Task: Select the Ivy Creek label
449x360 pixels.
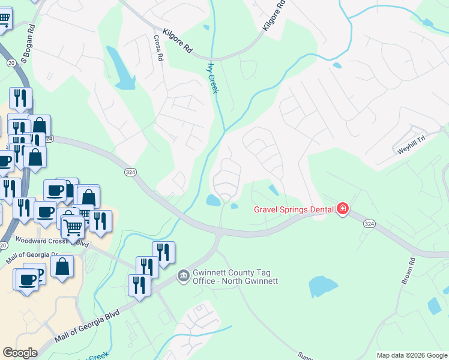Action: [x=212, y=78]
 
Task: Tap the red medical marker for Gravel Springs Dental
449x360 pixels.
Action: [x=343, y=209]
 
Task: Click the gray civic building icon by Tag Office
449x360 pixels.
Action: [x=183, y=276]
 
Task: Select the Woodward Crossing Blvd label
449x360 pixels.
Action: [x=52, y=241]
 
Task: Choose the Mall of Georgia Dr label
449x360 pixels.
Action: [x=31, y=257]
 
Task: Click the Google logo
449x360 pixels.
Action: [x=20, y=353]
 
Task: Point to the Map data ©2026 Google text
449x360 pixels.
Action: [x=412, y=355]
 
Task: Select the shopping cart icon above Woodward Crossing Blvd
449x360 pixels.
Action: [x=73, y=227]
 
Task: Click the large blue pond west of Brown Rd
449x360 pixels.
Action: [x=323, y=287]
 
